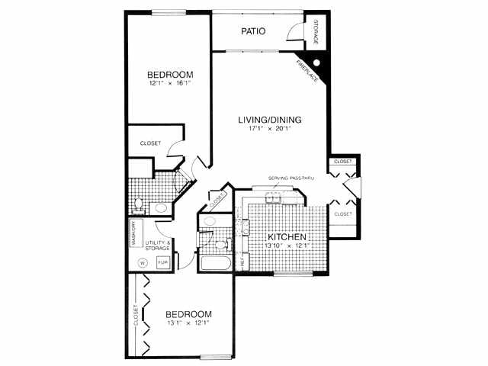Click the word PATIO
pyautogui.click(x=253, y=32)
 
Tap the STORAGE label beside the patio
pyautogui.click(x=316, y=30)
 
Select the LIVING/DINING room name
pyautogui.click(x=270, y=120)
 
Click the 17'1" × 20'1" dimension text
pyautogui.click(x=270, y=129)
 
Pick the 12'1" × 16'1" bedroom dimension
pyautogui.click(x=170, y=85)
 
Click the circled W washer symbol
pyautogui.click(x=142, y=263)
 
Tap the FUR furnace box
pyautogui.click(x=162, y=262)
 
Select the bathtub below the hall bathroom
pyautogui.click(x=215, y=264)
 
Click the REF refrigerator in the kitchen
pyautogui.click(x=243, y=261)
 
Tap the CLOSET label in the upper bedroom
pyautogui.click(x=150, y=143)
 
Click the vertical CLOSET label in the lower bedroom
pyautogui.click(x=136, y=316)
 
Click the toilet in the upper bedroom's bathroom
pyautogui.click(x=140, y=204)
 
